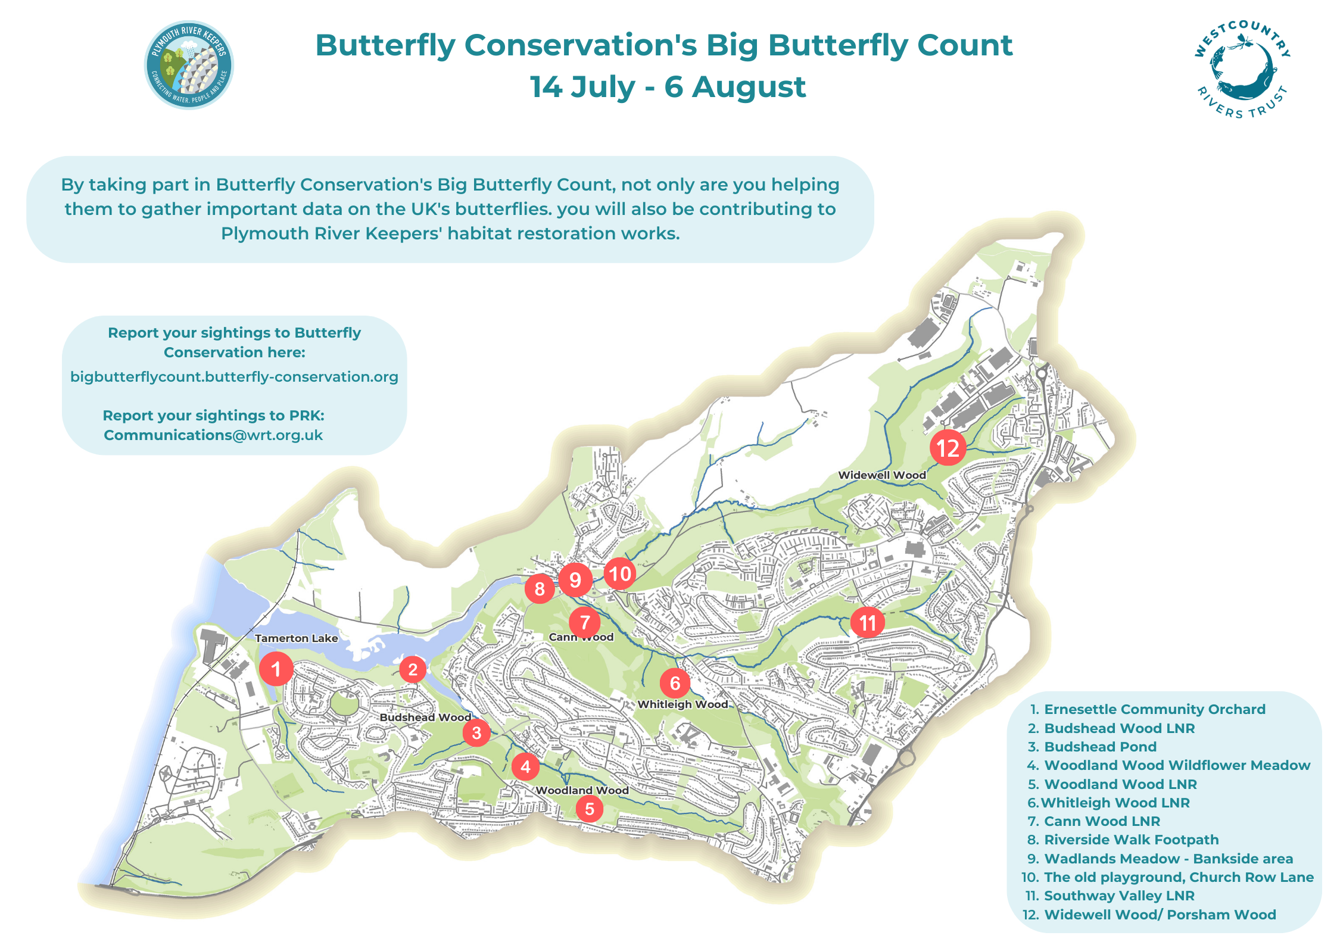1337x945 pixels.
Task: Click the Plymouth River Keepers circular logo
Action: [189, 65]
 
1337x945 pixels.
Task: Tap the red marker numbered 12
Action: [948, 448]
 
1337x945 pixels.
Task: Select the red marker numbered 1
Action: [276, 669]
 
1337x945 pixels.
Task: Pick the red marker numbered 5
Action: [590, 809]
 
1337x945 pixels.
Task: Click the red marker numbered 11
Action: [867, 622]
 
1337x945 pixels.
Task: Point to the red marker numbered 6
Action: [675, 683]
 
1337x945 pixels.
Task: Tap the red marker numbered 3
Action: [476, 732]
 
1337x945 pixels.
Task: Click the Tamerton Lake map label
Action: [297, 638]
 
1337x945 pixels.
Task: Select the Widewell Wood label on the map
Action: [882, 475]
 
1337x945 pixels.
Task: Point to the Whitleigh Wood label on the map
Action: [682, 704]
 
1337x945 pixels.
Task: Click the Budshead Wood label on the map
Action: [426, 718]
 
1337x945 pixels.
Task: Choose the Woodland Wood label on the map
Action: [582, 790]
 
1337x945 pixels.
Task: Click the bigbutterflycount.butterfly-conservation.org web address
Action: [234, 377]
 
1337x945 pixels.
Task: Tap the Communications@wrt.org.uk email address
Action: [213, 435]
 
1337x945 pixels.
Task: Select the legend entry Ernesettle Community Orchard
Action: [1155, 709]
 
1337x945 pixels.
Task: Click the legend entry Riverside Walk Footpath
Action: [1132, 840]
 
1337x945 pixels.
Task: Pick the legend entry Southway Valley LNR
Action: [1119, 896]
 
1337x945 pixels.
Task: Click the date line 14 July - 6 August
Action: [668, 87]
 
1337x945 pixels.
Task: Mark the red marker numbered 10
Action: [620, 573]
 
